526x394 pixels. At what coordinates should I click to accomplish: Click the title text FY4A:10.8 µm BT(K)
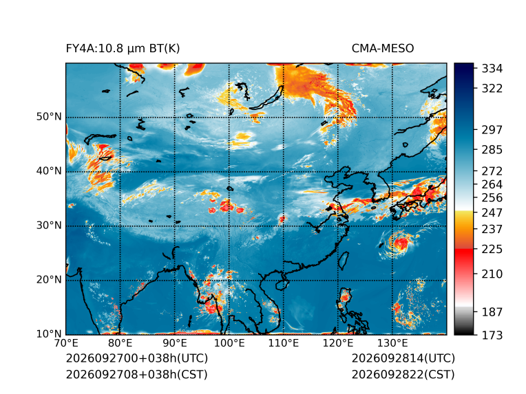123,49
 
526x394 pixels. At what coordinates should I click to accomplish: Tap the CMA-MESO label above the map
382,49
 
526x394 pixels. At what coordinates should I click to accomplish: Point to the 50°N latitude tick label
49,117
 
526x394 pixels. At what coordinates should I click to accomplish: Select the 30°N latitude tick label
49,225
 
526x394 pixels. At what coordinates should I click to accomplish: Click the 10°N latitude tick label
49,333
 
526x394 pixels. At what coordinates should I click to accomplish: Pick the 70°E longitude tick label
66,343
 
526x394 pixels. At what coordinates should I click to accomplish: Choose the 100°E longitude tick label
229,343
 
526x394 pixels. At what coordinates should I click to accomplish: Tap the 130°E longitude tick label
392,343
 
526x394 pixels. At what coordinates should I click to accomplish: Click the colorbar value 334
492,69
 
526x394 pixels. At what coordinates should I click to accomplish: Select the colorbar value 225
492,250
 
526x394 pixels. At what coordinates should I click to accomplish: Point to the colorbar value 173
492,335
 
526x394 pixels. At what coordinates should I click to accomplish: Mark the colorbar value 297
492,130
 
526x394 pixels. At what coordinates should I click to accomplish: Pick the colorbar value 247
492,212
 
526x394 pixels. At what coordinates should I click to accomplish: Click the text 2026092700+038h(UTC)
137,358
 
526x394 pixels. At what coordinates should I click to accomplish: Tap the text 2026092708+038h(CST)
136,374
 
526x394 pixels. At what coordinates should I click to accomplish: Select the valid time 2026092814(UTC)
403,358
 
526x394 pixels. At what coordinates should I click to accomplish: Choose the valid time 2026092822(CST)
403,374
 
